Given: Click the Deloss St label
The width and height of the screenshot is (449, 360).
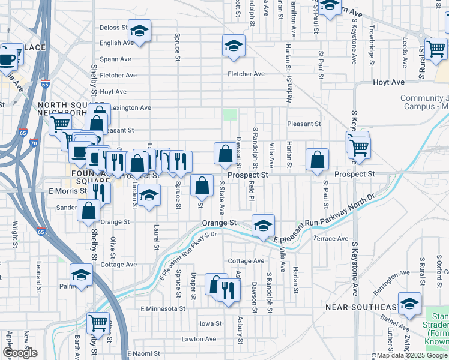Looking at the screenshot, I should coord(113,28).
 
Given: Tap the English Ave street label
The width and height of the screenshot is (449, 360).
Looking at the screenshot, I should coord(116,43).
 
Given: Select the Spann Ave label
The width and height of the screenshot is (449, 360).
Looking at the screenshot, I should coord(115,59).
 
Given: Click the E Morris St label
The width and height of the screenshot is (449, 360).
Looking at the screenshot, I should coord(64,191).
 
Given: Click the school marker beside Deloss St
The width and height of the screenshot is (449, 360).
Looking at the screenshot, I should coord(139,32).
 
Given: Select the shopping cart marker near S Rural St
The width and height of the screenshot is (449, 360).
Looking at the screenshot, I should coord(436,50).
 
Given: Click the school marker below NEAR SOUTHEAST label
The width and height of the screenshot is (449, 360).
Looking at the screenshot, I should coord(409,305).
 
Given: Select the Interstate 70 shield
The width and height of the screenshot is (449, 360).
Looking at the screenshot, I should coord(34,144).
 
